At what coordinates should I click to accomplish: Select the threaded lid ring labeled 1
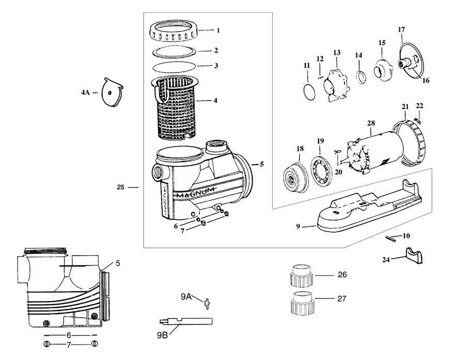click(x=174, y=31)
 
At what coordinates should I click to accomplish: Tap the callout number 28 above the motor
click(x=370, y=123)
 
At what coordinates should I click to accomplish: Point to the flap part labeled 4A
click(x=112, y=92)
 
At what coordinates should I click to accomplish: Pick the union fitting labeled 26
click(x=301, y=275)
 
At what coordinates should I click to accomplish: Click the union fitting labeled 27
click(x=301, y=303)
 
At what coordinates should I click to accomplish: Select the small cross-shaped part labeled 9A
click(x=207, y=304)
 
